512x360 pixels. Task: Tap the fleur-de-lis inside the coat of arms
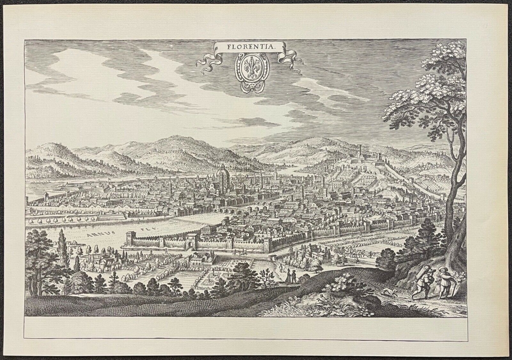[252, 67]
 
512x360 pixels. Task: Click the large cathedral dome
[223, 174]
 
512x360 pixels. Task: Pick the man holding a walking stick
[444, 283]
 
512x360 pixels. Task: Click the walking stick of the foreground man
[454, 290]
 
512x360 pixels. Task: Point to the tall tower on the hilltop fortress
[360, 151]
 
